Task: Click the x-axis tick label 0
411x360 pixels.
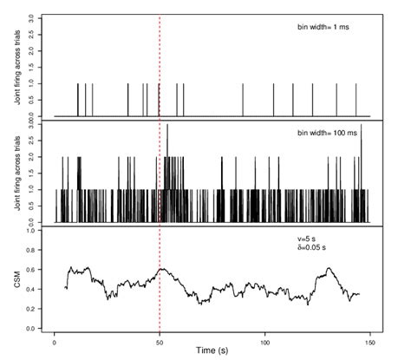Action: tap(55, 338)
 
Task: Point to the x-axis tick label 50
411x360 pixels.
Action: tap(160, 338)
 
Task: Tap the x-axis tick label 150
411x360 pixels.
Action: tap(369, 338)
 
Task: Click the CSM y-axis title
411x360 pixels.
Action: tap(17, 279)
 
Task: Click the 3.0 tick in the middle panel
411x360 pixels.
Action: tap(32, 126)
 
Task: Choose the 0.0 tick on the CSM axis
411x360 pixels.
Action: tap(32, 329)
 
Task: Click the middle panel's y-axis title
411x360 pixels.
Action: tap(17, 174)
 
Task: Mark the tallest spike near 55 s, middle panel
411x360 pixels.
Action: tap(167, 127)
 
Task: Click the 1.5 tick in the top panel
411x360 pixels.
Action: tap(32, 67)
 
